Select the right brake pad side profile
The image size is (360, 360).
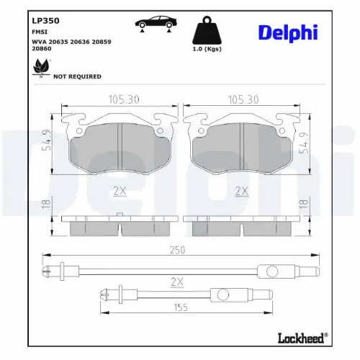[241, 225]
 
